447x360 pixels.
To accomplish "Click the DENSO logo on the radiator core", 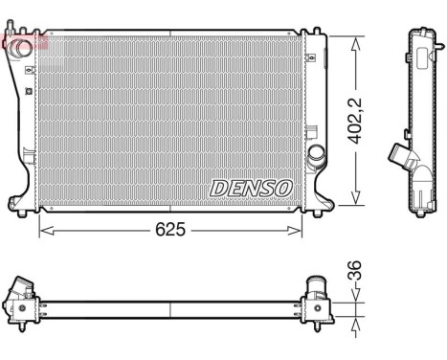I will click(x=250, y=187).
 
